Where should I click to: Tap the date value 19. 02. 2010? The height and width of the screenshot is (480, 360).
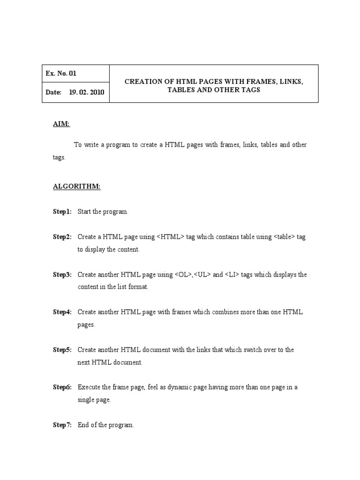[87, 92]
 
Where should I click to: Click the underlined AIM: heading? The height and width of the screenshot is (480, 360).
[61, 124]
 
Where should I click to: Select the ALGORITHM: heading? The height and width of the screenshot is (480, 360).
[76, 187]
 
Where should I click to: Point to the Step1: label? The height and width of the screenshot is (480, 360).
[62, 212]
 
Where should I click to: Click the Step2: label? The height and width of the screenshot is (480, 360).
[62, 237]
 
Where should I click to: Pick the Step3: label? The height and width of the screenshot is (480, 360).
[62, 275]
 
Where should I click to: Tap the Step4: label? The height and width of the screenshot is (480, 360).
[62, 312]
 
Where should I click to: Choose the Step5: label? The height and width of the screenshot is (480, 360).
[62, 350]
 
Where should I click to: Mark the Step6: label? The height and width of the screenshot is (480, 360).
[62, 387]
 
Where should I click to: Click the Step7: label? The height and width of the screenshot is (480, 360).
[62, 425]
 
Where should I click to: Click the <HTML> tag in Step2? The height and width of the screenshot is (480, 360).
[171, 237]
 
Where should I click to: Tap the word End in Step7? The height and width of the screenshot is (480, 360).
[83, 425]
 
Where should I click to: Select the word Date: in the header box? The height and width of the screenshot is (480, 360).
[53, 92]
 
